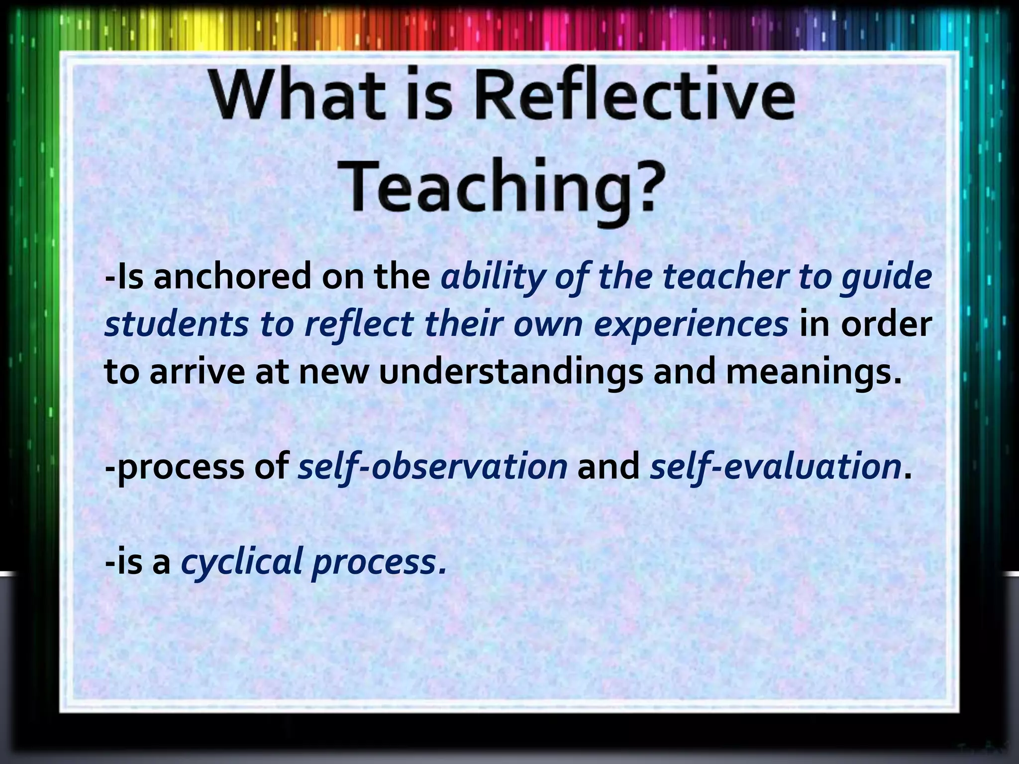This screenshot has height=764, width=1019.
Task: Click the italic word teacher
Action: point(726,277)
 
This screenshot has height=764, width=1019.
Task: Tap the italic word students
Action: point(176,324)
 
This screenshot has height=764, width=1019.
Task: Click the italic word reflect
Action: point(359,324)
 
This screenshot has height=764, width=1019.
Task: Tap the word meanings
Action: point(814,372)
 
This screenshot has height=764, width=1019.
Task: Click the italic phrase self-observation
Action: point(432,467)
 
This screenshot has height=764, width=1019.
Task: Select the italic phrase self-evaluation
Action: point(775,467)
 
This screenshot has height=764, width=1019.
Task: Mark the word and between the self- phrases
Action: point(608,467)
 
